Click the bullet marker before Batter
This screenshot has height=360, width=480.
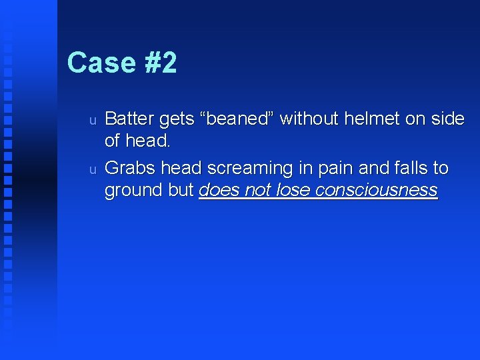pos(93,120)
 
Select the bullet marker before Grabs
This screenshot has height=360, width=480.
pos(93,169)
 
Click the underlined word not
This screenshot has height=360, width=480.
pos(259,191)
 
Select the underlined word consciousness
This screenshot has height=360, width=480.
pos(377,191)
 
